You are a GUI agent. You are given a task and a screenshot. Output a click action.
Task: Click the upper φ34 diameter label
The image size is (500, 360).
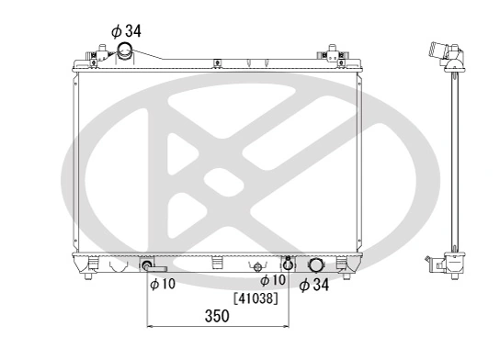(127, 30)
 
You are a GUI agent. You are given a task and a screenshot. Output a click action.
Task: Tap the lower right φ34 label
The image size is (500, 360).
(314, 285)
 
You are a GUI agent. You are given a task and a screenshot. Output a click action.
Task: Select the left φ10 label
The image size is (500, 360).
(163, 284)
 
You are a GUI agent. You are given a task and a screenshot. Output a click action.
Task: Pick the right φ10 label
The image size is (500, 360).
(273, 280)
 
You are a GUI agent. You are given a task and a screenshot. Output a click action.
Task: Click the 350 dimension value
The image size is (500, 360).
(216, 317)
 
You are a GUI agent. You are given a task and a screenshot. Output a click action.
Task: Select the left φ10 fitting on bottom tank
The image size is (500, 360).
(147, 266)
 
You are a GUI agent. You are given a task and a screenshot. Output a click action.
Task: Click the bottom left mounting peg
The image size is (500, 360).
(87, 274)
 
